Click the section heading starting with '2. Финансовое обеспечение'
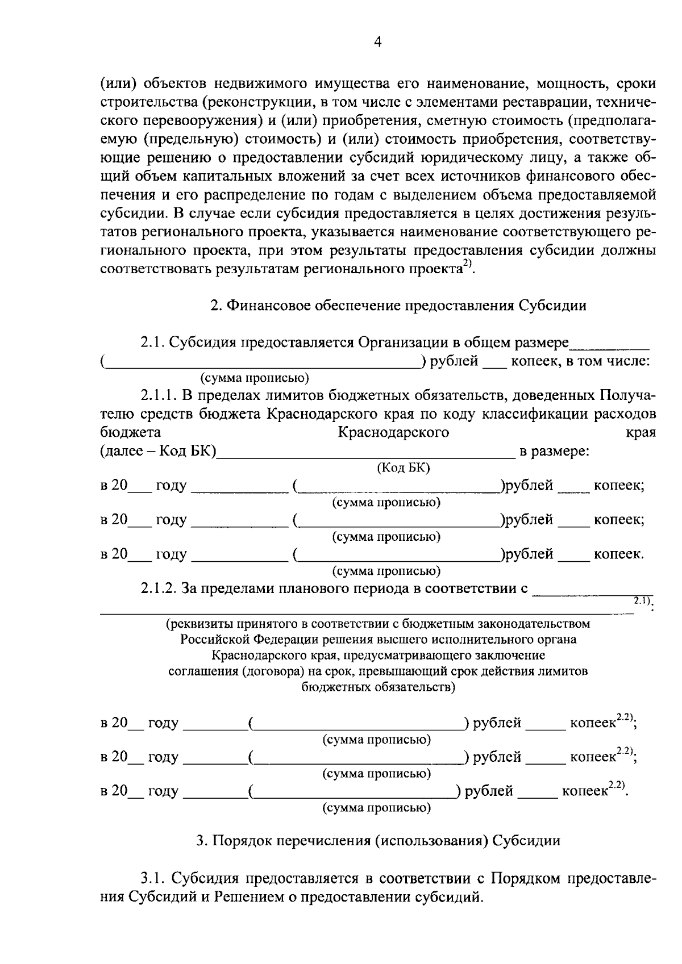click(x=398, y=306)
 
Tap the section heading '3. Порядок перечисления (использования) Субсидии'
click(x=378, y=841)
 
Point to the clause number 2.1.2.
click(x=159, y=589)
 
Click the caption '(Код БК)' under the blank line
click(x=403, y=468)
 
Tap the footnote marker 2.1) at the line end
click(x=643, y=601)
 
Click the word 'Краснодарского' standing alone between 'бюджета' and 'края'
click(x=393, y=433)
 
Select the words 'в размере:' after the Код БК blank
click(x=554, y=452)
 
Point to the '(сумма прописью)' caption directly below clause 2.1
click(x=255, y=378)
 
